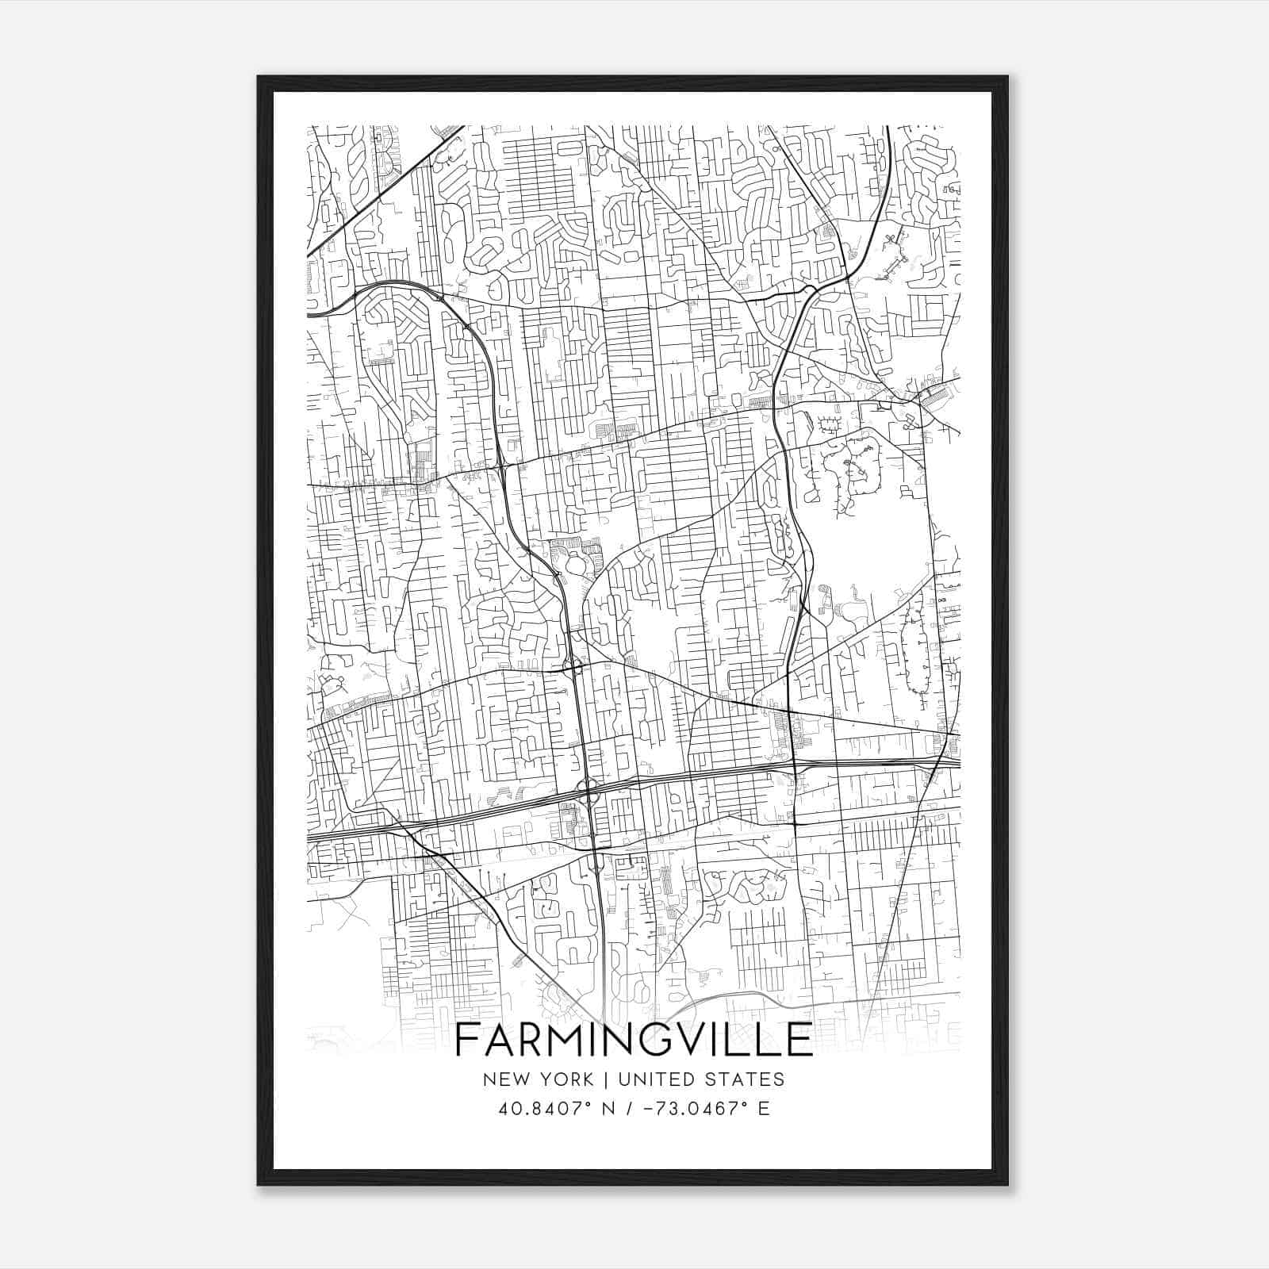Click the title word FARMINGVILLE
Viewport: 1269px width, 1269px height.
[634, 1040]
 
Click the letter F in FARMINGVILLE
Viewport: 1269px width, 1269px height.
[466, 1040]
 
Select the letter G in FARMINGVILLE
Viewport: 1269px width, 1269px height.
[661, 1040]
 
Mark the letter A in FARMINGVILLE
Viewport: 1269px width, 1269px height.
[497, 1040]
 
